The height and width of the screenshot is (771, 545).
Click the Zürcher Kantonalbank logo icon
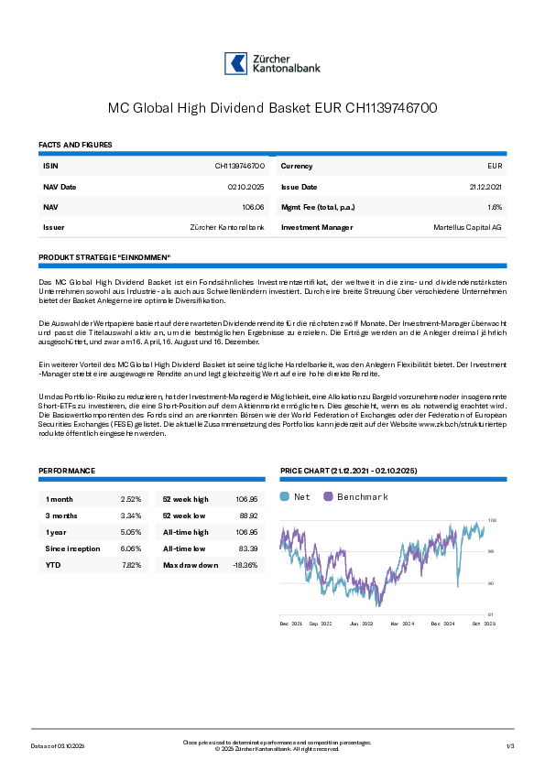pos(236,63)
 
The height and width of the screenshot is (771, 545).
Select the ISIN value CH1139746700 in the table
pos(240,166)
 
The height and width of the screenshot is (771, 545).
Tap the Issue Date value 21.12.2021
pos(485,186)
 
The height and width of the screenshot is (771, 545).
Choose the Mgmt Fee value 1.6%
pos(495,207)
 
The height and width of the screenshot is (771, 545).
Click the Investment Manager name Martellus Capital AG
pos(467,227)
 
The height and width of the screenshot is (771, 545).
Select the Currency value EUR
pos(495,166)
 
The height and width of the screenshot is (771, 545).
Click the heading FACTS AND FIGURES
pos(75,145)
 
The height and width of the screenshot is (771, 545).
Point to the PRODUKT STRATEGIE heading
pos(104,257)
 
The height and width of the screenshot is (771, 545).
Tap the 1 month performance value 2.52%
pos(131,499)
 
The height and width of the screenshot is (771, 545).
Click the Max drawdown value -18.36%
pos(245,565)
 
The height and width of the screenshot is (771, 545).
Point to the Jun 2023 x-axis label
pos(362,623)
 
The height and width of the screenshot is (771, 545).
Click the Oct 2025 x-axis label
pos(483,623)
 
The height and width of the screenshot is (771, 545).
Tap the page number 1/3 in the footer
pos(511,746)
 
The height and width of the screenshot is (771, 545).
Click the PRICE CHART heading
pos(348,471)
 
